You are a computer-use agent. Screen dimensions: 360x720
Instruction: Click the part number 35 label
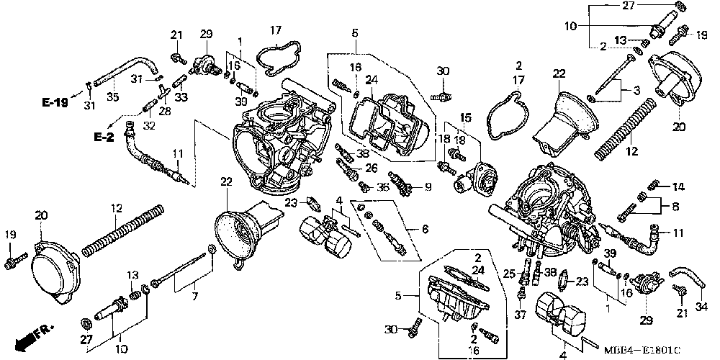click(112, 98)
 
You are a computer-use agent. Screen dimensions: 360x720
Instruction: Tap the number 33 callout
click(180, 96)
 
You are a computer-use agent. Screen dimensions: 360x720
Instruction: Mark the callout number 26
click(372, 168)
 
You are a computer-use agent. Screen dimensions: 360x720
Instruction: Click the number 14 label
click(678, 186)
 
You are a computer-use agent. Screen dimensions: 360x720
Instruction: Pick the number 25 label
click(510, 273)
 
